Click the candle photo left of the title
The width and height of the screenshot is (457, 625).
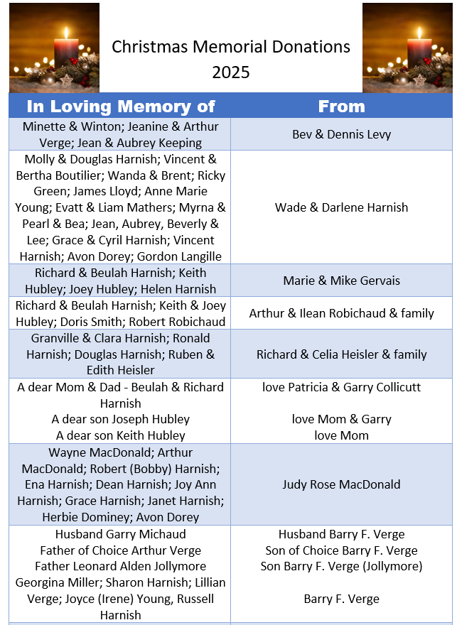pyautogui.click(x=54, y=48)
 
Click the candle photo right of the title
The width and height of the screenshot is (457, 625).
pyautogui.click(x=407, y=48)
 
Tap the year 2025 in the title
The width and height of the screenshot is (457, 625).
pyautogui.click(x=230, y=72)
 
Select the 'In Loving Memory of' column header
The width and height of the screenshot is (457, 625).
pyautogui.click(x=120, y=107)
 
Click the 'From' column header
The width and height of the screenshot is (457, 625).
pyautogui.click(x=341, y=107)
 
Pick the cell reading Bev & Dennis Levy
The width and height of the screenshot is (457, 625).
pyautogui.click(x=341, y=134)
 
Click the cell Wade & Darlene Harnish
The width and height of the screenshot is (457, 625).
pyautogui.click(x=341, y=207)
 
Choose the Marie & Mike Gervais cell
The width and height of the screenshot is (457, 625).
pyautogui.click(x=341, y=281)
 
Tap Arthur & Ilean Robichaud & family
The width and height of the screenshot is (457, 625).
pyautogui.click(x=341, y=313)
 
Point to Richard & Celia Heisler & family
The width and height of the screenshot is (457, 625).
pyautogui.click(x=341, y=354)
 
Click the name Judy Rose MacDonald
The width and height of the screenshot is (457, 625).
pyautogui.click(x=341, y=484)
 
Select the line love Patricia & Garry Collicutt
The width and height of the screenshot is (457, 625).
pyautogui.click(x=341, y=387)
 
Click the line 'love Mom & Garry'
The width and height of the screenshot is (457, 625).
pyautogui.click(x=341, y=419)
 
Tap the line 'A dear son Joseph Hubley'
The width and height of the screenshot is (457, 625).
pyautogui.click(x=121, y=419)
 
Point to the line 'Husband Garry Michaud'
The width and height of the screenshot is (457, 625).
pyautogui.click(x=121, y=534)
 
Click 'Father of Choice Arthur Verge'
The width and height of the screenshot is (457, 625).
pyautogui.click(x=121, y=550)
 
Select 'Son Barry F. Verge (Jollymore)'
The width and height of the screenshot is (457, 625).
pyautogui.click(x=341, y=566)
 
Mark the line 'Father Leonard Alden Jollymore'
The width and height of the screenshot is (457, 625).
pyautogui.click(x=121, y=566)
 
